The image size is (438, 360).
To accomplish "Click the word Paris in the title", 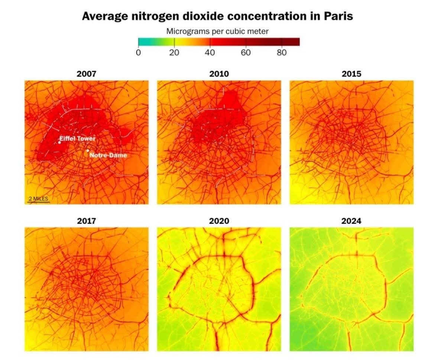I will pos(337,16).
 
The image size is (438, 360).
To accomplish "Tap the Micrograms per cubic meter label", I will pos(217,31).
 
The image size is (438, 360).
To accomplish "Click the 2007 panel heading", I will pos(86,74).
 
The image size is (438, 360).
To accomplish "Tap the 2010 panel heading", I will pos(219,74).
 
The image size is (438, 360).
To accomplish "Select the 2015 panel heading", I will pos(351,74).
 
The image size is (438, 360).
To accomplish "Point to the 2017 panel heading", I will pos(86,221).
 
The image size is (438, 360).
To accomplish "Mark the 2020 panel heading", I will pos(219,221).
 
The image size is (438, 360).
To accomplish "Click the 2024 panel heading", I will pos(351,221).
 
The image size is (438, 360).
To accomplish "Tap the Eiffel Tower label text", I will pos(78,139).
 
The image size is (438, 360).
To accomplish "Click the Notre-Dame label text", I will pos(108,155).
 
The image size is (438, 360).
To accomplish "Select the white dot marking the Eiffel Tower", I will pos(59,142).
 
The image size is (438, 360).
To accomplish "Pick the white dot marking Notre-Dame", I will pos(88,150).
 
